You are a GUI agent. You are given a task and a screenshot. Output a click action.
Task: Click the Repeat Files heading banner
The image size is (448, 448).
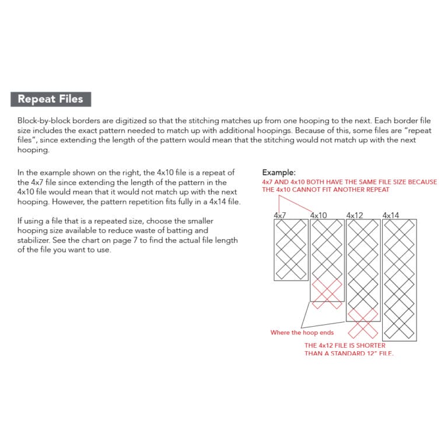point(51,99)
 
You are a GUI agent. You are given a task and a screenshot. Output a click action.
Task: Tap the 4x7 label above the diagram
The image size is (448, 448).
point(280,215)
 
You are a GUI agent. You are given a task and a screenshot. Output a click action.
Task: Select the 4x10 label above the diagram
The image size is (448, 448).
point(318,215)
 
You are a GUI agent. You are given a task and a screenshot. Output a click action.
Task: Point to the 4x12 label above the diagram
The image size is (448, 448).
point(355,215)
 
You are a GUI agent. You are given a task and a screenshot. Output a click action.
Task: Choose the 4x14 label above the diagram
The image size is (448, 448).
point(391,215)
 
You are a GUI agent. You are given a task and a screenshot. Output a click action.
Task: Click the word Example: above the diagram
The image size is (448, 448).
point(279,173)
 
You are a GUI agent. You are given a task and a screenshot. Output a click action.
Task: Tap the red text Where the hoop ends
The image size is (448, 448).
point(302,332)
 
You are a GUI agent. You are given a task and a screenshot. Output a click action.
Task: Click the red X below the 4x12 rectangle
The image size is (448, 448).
point(363,324)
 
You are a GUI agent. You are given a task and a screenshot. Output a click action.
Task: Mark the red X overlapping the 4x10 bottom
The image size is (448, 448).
point(327,294)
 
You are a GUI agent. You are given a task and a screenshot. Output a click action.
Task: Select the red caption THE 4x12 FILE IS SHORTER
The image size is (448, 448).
point(345,345)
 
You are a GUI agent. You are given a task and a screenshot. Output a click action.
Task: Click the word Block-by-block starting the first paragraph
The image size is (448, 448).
point(44,121)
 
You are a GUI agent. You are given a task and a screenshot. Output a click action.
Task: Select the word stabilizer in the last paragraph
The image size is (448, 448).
point(33,240)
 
